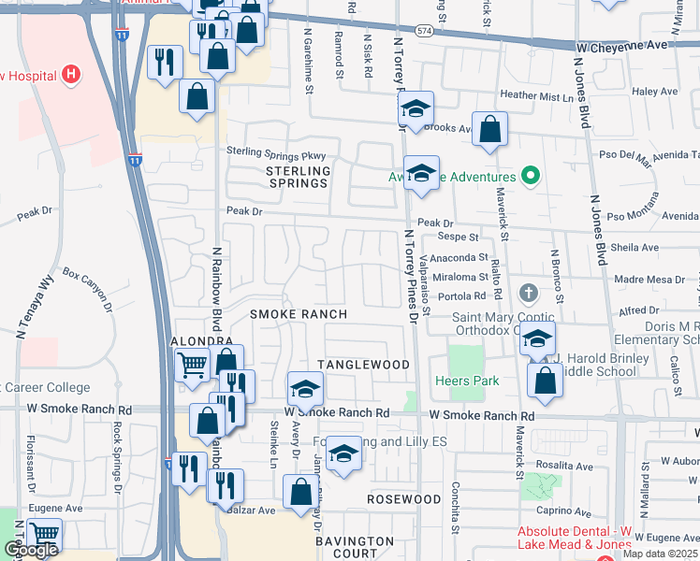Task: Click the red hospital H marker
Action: coord(70,74)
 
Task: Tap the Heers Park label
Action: coord(467,381)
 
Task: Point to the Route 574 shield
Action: coord(425,31)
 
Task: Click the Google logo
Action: coord(31,550)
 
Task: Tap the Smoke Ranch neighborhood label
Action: coord(299,314)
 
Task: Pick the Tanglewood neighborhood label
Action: coord(363,364)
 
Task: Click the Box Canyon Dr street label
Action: coord(87,289)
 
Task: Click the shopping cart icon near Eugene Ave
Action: coord(43,533)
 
